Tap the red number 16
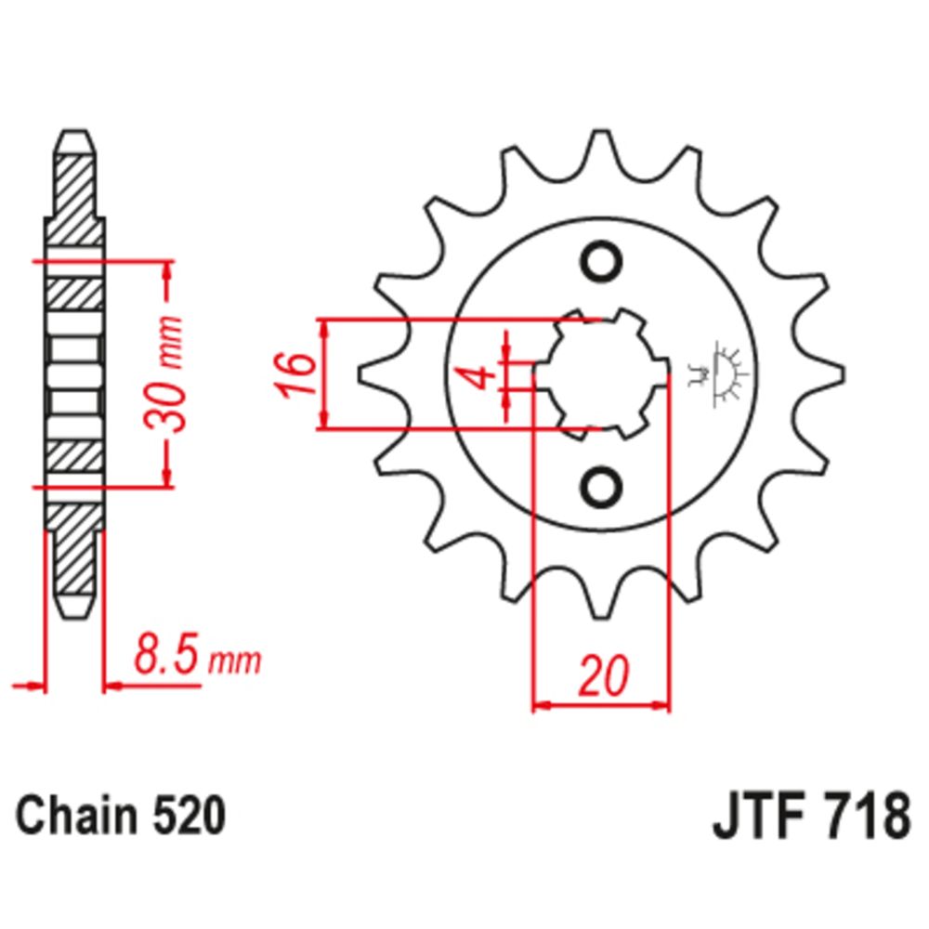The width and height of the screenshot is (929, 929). tap(294, 374)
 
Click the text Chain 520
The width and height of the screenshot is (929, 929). tap(121, 817)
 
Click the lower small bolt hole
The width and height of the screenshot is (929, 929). tap(601, 485)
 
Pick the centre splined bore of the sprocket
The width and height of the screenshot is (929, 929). tap(601, 373)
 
